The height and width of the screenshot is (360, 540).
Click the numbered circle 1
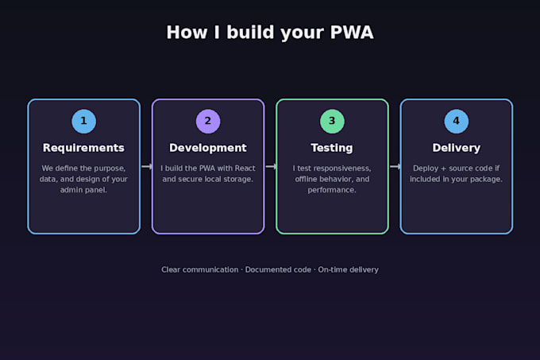83,122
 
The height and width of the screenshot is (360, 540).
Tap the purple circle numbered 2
208,122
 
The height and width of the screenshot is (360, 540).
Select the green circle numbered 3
332,122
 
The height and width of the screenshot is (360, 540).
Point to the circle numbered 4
457,122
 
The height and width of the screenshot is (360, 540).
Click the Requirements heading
83,148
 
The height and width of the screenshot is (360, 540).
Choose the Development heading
208,148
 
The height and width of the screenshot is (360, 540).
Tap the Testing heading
332,148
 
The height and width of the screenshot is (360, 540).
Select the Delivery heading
457,148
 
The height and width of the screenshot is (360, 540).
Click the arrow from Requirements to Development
147,167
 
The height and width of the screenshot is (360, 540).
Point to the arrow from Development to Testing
271,167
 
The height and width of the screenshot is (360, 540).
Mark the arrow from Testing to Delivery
395,167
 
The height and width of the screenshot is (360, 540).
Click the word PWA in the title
352,33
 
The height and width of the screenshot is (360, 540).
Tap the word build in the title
250,33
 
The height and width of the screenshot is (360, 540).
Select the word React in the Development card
245,168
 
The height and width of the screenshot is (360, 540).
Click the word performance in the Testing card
332,190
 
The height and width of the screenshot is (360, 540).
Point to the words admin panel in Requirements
83,190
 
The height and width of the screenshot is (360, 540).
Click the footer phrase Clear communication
200,269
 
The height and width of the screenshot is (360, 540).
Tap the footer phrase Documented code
278,269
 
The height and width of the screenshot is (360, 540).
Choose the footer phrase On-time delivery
348,269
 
